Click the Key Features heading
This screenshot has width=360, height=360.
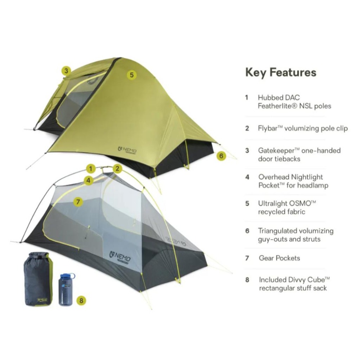pyautogui.click(x=281, y=72)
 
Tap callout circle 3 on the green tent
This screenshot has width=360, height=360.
pyautogui.click(x=66, y=71)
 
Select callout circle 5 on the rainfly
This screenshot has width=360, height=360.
pyautogui.click(x=131, y=75)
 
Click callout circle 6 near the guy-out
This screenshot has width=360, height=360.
pyautogui.click(x=221, y=156)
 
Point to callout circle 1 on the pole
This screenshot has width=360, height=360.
pyautogui.click(x=91, y=169)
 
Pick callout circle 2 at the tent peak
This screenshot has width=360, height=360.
pyautogui.click(x=117, y=169)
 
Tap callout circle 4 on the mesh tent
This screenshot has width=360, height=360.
pyautogui.click(x=89, y=180)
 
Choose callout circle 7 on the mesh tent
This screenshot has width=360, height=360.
pyautogui.click(x=78, y=202)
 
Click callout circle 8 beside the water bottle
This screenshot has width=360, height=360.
pyautogui.click(x=81, y=300)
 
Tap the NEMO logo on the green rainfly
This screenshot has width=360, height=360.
pyautogui.click(x=127, y=150)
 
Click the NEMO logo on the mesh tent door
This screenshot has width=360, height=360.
pyautogui.click(x=120, y=256)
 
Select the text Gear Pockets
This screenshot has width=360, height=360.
pyautogui.click(x=279, y=258)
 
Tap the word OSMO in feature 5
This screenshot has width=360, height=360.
pyautogui.click(x=302, y=203)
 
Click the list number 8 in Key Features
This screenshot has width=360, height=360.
pyautogui.click(x=247, y=280)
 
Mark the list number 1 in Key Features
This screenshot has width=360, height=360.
pyautogui.click(x=247, y=98)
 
